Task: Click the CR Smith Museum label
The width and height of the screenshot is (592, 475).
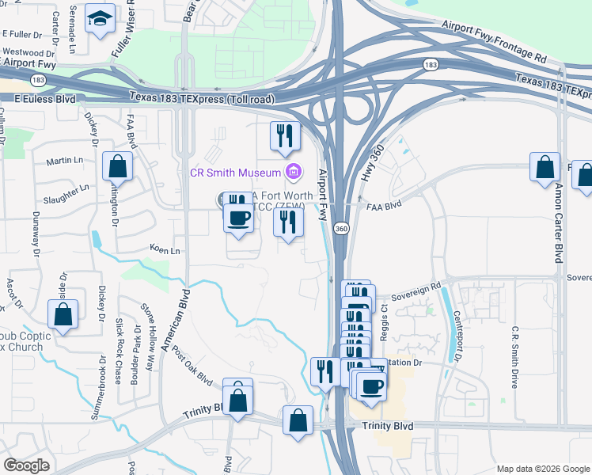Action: pos(235,172)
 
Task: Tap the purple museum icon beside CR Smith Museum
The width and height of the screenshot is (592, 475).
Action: pos(294,170)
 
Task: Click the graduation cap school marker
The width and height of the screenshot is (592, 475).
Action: pos(100,19)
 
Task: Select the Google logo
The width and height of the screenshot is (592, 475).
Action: pos(26,465)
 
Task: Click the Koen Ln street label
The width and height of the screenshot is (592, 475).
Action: pos(165,249)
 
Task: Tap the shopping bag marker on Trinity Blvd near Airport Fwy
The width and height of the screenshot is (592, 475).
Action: pos(298,420)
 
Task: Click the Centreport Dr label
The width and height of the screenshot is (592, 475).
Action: pos(458,341)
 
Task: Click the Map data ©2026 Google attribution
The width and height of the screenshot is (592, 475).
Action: pos(542,468)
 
